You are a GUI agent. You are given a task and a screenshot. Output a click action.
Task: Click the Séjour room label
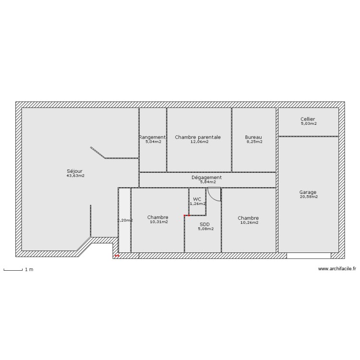75,170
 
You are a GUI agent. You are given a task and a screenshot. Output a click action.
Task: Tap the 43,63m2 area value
75,176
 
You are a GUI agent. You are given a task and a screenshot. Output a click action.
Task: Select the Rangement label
153,137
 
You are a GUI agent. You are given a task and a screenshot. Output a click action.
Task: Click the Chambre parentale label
198,137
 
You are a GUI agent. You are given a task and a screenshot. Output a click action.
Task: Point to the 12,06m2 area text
199,142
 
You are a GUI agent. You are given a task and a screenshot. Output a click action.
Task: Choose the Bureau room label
253,137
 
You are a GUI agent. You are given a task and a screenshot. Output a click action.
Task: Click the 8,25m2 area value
254,142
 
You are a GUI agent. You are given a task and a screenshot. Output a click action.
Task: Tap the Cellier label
308,119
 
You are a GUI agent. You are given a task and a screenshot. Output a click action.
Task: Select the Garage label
308,192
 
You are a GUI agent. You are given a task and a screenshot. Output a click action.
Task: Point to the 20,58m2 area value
309,197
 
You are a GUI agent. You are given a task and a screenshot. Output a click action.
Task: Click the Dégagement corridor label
206,177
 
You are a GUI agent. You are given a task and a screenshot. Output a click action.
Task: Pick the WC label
197,199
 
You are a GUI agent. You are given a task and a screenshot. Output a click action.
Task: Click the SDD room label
204,224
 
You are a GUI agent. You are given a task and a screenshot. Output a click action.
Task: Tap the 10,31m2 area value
159,222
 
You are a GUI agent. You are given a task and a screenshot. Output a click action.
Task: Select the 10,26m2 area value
249,222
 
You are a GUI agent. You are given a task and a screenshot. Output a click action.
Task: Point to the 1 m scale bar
13,270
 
